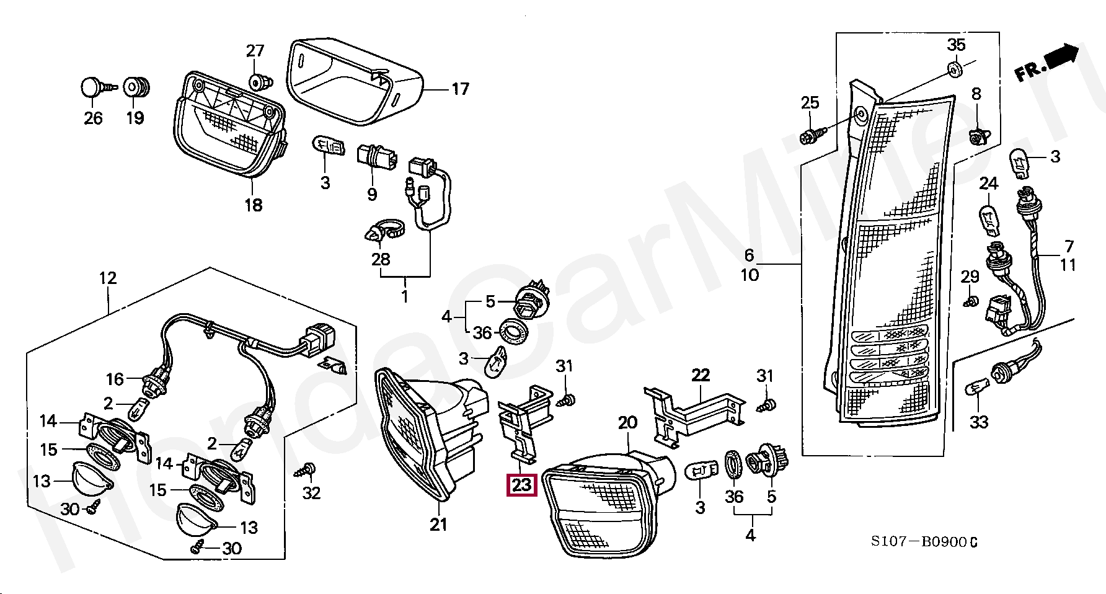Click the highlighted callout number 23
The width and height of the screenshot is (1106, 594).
tap(521, 484)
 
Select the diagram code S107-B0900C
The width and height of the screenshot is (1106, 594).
tap(924, 542)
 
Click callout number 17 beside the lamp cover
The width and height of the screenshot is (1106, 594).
tap(460, 89)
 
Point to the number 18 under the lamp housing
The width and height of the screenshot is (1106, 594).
tap(253, 205)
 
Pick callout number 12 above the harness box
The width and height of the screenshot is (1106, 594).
tap(108, 278)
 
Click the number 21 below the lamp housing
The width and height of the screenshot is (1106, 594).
tap(438, 525)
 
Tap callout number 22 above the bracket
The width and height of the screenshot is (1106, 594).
tap(701, 375)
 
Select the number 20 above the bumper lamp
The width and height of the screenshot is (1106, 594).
tap(627, 423)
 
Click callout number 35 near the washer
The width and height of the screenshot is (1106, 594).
tap(956, 45)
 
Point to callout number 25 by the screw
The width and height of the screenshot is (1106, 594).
tap(810, 103)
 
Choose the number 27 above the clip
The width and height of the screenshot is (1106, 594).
tap(255, 51)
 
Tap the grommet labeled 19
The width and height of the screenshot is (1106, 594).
tap(136, 87)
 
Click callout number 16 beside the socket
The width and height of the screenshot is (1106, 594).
tap(115, 379)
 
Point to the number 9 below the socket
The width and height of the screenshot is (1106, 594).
tap(372, 195)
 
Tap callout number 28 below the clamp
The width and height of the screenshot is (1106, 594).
tap(381, 259)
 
